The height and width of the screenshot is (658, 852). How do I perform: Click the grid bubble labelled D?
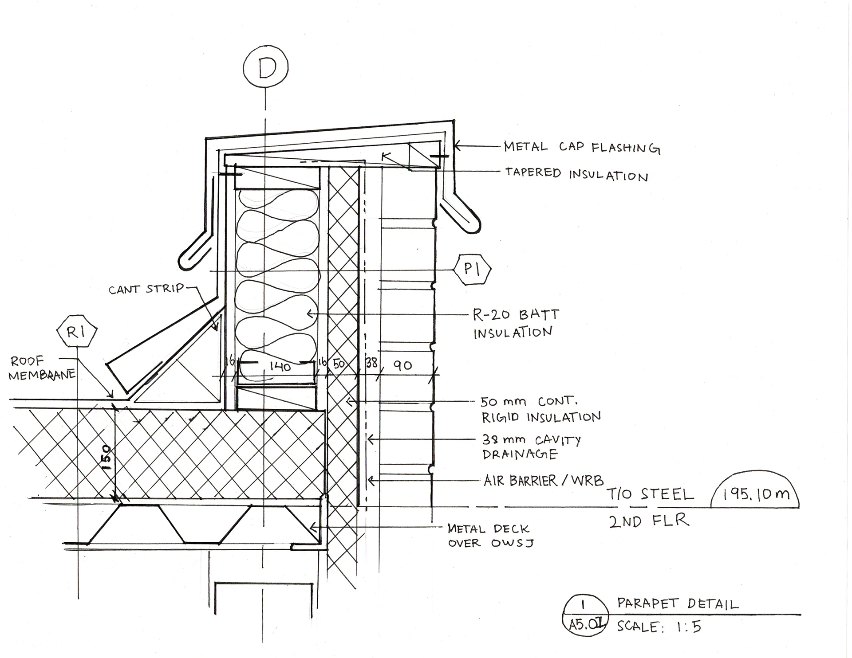coord(265,68)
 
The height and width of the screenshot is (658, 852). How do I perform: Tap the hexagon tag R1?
coord(77,332)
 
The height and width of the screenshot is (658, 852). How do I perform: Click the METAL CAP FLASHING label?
coord(581,148)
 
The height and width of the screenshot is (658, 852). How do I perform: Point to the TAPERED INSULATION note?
coord(576,174)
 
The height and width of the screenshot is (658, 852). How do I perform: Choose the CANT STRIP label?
coord(146,289)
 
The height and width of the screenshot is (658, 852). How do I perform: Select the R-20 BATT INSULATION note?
coord(515,324)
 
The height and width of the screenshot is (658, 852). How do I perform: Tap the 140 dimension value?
coord(280,367)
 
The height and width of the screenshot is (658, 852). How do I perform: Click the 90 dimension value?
coord(402,365)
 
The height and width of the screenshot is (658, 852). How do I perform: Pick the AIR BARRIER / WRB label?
coord(544,481)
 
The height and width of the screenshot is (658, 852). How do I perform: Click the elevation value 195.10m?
coord(756,494)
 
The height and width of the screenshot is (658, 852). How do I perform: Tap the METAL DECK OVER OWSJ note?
coord(489,536)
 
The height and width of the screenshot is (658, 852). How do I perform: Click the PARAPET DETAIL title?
coord(678,604)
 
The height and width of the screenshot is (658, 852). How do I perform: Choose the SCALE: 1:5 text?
coord(659,627)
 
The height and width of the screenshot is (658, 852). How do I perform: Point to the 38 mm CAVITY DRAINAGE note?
coord(531,447)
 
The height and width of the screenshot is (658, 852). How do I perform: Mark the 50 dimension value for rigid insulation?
coord(339,364)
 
